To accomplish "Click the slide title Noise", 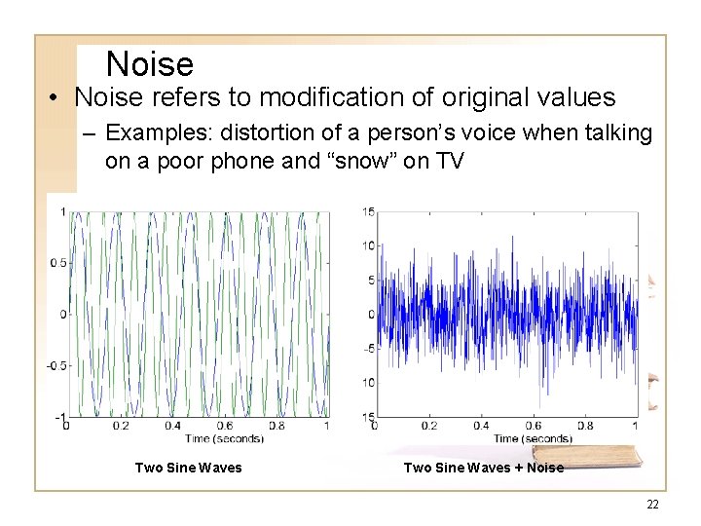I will point(150,64).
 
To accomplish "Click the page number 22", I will point(651,504).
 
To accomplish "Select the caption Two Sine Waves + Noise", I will point(483,468).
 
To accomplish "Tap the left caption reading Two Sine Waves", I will point(188,468).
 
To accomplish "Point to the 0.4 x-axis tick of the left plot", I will point(172,426).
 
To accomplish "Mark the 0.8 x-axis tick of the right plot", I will point(583,426).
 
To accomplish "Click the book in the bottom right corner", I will point(604,450).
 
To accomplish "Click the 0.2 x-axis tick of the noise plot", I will point(427,426).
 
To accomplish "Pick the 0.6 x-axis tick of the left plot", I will point(225,426).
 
